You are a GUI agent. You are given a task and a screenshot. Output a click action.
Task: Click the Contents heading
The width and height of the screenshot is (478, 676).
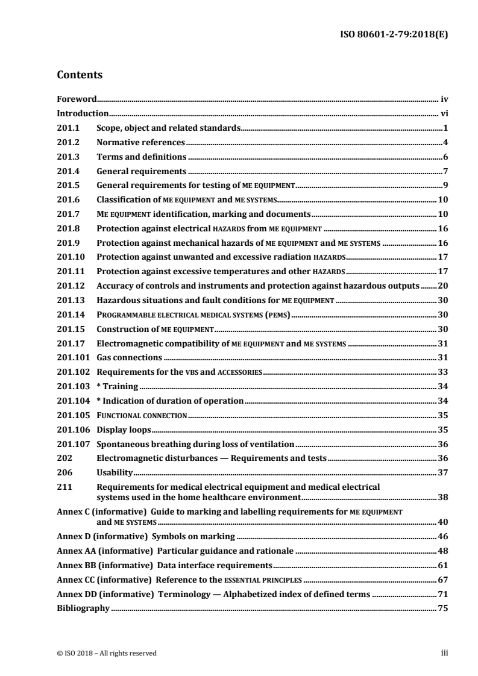tap(79, 75)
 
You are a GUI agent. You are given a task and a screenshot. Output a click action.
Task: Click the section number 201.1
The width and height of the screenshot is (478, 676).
tap(68, 128)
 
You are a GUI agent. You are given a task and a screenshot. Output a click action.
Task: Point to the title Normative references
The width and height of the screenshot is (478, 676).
tap(140, 143)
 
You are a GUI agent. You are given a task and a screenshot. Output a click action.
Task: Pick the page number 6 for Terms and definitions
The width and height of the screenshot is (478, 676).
tap(445, 157)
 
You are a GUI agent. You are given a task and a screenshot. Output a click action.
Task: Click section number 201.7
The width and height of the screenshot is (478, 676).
tap(68, 214)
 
